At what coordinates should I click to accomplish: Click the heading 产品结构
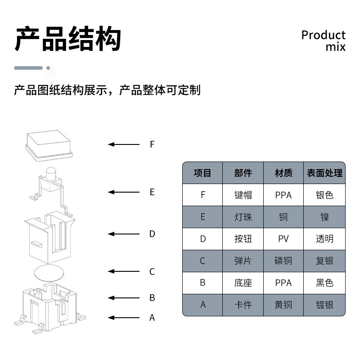click(68, 40)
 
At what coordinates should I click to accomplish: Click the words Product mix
click(324, 40)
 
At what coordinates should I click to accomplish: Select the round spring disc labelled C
click(49, 272)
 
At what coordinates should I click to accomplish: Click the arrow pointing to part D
click(124, 234)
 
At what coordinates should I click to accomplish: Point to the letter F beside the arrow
click(152, 144)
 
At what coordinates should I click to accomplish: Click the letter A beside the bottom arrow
click(152, 318)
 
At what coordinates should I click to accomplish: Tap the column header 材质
click(283, 173)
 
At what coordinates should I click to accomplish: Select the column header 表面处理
click(324, 173)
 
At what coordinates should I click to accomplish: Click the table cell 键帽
click(243, 195)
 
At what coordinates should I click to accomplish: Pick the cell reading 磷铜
click(283, 261)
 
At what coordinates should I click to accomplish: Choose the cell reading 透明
click(324, 238)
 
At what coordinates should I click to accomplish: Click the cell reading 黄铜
click(283, 305)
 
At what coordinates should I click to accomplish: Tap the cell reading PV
click(283, 238)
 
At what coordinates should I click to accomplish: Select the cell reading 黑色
click(324, 283)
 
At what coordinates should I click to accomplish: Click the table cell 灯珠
click(243, 217)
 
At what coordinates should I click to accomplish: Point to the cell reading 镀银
click(324, 305)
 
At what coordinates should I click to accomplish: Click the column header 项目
click(202, 173)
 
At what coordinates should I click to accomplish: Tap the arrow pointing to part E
click(124, 192)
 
